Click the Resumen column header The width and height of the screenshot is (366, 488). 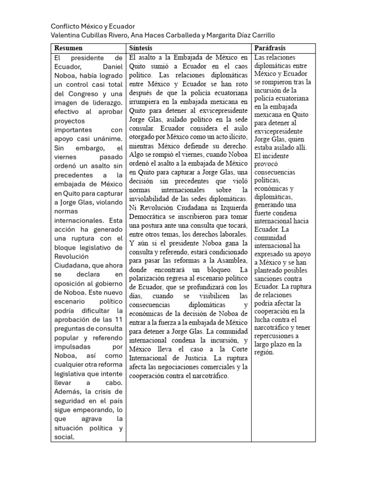coord(69,48)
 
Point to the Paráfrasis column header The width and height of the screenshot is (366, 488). coord(270,48)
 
